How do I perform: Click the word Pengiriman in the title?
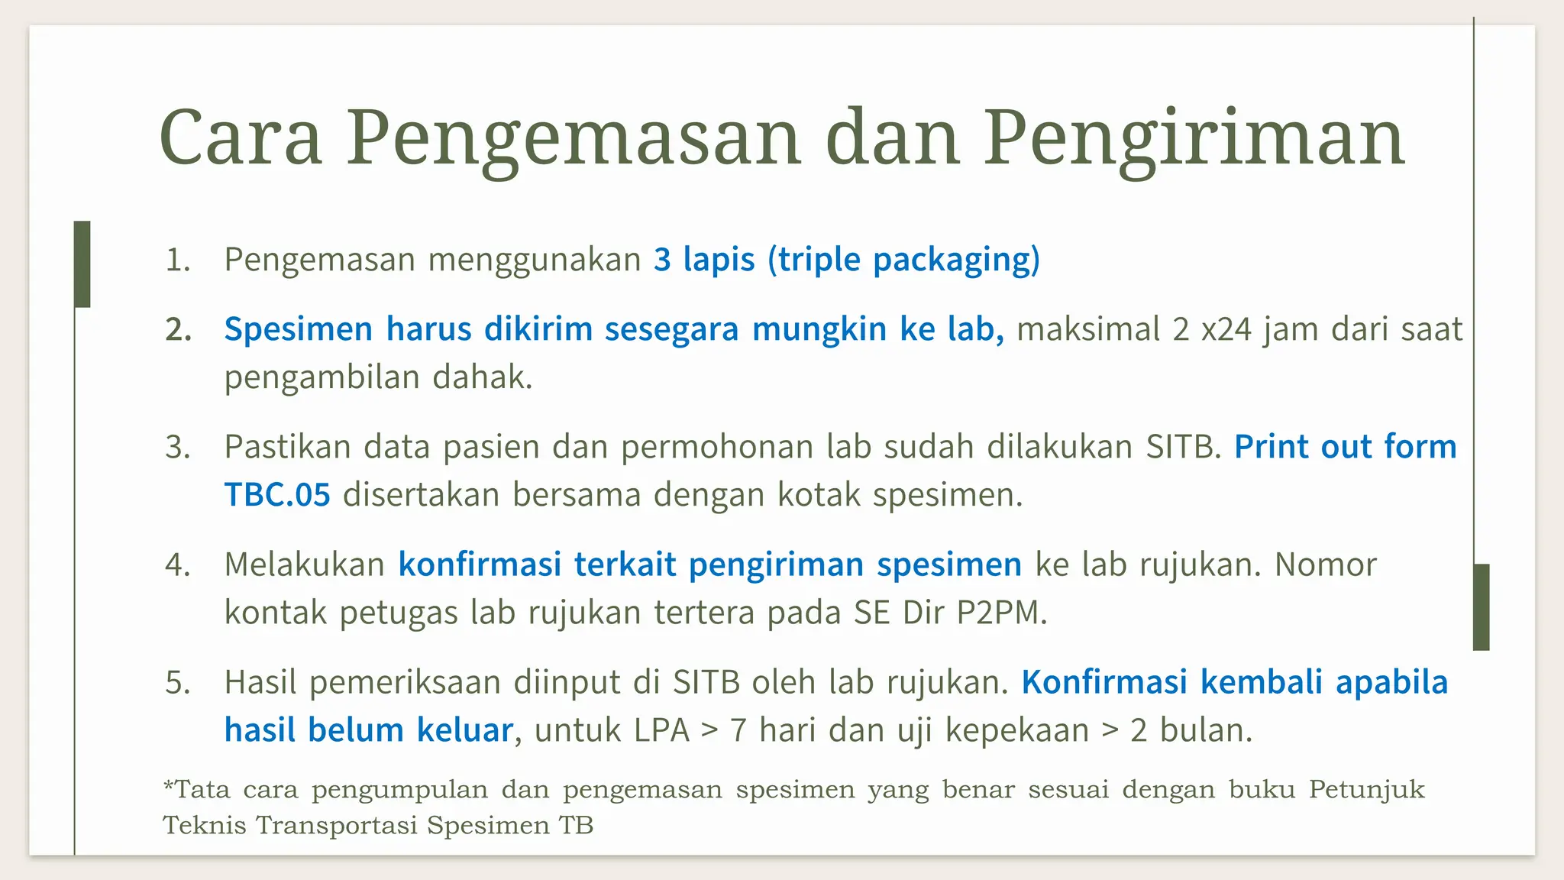[1193, 139]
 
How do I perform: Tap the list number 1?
[176, 260]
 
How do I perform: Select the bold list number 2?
[178, 330]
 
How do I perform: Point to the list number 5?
[177, 682]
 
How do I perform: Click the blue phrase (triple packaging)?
[903, 260]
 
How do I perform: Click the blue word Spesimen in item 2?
[298, 330]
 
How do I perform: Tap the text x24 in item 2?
[1226, 330]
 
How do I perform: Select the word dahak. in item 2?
[482, 377]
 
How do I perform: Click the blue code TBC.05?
[277, 495]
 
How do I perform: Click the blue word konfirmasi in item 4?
[480, 565]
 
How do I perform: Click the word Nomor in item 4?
[1325, 565]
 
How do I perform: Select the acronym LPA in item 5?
[651, 730]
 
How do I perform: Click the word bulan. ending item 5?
[1206, 730]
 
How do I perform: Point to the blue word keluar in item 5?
[464, 730]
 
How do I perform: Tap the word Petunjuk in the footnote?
[1366, 789]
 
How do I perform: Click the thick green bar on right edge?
[1481, 607]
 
